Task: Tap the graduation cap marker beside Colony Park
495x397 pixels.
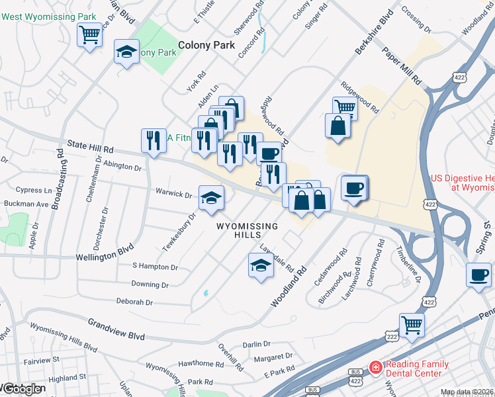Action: point(126,52)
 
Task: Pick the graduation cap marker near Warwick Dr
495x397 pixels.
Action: point(211,197)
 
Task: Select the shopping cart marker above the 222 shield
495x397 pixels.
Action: point(412,325)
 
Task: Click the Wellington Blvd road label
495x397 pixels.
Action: point(105,253)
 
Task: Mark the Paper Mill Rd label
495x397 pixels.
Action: point(401,66)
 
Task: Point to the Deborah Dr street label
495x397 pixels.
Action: point(134,302)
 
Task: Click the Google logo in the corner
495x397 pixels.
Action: point(21,389)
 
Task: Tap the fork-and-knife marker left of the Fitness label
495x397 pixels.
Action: point(153,140)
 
